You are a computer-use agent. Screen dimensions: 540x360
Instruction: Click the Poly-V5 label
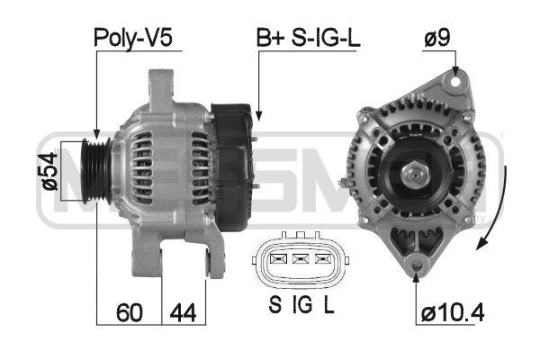pos(133,38)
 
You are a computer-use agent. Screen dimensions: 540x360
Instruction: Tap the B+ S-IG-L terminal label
pos(308,38)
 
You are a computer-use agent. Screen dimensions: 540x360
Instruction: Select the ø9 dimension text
pos(437,37)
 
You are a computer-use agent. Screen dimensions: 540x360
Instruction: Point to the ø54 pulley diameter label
pos(49,171)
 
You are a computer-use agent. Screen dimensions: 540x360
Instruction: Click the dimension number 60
pos(129,312)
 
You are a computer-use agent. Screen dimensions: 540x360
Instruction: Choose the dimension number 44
pos(183,312)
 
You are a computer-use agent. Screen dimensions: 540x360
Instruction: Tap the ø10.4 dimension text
pos(453,313)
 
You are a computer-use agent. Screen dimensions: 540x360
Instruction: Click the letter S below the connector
pos(274,304)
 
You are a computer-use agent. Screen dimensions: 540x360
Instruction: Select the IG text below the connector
pos(302,304)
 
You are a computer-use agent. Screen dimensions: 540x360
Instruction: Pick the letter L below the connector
pos(328,304)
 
